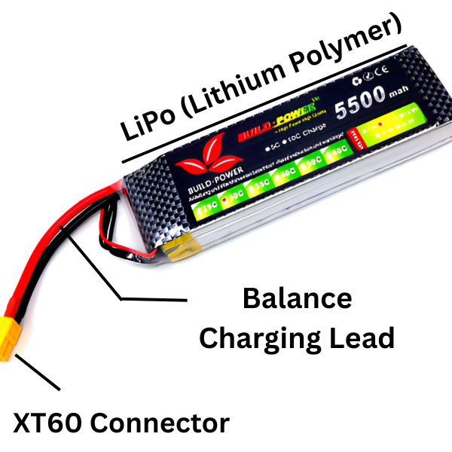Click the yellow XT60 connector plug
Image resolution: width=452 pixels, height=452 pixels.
click(x=18, y=342)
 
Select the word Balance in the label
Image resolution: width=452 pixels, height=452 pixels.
click(x=297, y=298)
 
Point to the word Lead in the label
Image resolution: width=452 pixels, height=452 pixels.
click(x=361, y=338)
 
